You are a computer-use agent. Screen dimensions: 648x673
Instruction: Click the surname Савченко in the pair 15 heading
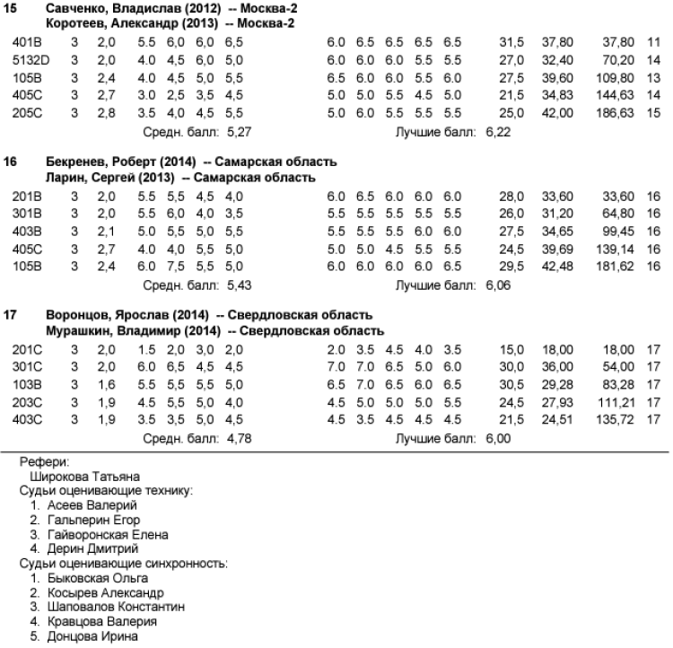pyautogui.click(x=78, y=7)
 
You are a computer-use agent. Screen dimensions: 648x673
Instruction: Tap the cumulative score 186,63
pyautogui.click(x=616, y=113)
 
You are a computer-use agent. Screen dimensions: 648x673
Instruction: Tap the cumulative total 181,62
pyautogui.click(x=616, y=267)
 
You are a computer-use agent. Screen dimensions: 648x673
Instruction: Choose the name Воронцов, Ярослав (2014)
pyautogui.click(x=127, y=316)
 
